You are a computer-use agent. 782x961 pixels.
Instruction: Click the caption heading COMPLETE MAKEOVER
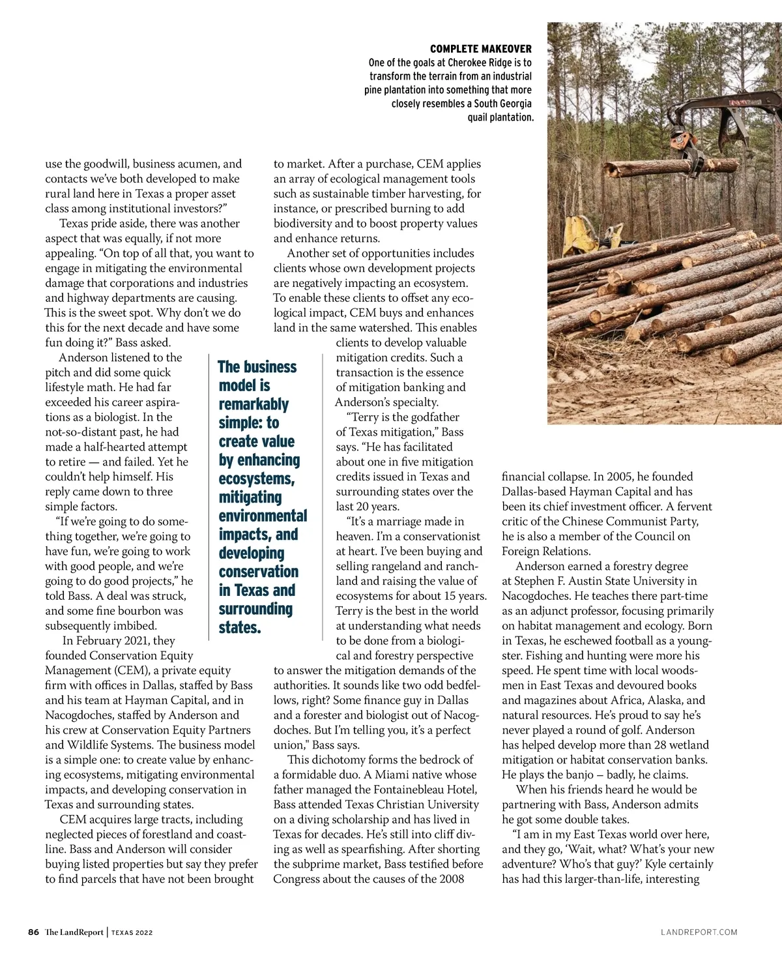click(x=480, y=49)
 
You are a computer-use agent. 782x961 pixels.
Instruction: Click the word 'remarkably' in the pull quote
click(x=253, y=404)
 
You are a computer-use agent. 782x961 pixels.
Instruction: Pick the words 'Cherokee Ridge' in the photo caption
click(x=482, y=63)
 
